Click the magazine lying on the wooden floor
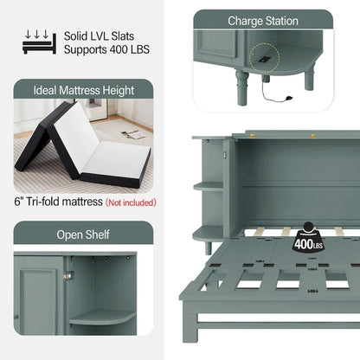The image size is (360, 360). click(x=133, y=134)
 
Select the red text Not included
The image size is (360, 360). click(x=130, y=202)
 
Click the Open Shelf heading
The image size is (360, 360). click(x=83, y=235)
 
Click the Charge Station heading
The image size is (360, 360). click(x=263, y=21)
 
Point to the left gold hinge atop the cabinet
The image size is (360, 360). click(x=252, y=134)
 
